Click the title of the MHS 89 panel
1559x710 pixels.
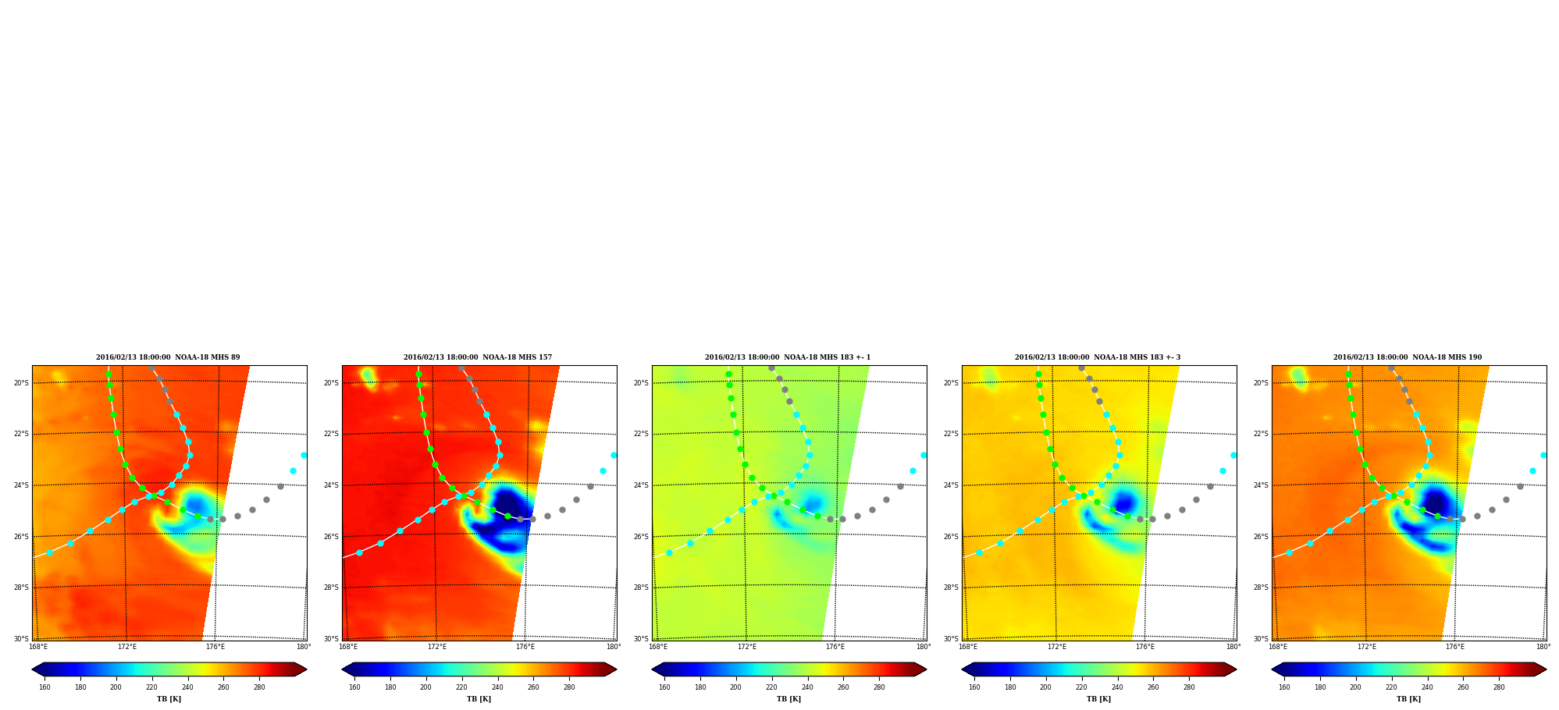pyautogui.click(x=168, y=357)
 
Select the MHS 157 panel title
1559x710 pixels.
pyautogui.click(x=478, y=357)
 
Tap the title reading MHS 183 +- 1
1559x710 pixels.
pyautogui.click(x=788, y=357)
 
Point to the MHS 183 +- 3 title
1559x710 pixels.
pyautogui.click(x=1098, y=357)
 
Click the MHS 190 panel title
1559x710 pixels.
pyautogui.click(x=1408, y=357)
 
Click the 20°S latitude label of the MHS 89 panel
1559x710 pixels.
pyautogui.click(x=21, y=383)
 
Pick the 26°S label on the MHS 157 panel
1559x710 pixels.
pyautogui.click(x=331, y=537)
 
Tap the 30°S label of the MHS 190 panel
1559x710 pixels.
pyautogui.click(x=1261, y=639)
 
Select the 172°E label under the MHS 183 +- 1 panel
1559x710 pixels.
pyautogui.click(x=747, y=647)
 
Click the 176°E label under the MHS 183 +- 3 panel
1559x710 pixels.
pyautogui.click(x=1145, y=647)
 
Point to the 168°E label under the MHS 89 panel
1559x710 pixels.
pyautogui.click(x=38, y=647)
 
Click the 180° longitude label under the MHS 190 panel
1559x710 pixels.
pyautogui.click(x=1543, y=647)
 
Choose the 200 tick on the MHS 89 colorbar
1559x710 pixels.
pyautogui.click(x=116, y=687)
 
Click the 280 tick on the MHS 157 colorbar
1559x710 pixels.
pyautogui.click(x=569, y=687)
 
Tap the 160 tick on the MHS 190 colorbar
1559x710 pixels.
pyautogui.click(x=1284, y=687)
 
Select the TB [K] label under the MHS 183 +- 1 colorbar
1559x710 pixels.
pyautogui.click(x=788, y=699)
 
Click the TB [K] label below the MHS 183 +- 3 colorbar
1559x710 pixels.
pyautogui.click(x=1098, y=699)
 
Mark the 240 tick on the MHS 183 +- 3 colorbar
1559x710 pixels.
pyautogui.click(x=1117, y=687)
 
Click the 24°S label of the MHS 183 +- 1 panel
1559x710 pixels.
pyautogui.click(x=641, y=485)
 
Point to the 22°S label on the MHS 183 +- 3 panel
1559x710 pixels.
pyautogui.click(x=951, y=434)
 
